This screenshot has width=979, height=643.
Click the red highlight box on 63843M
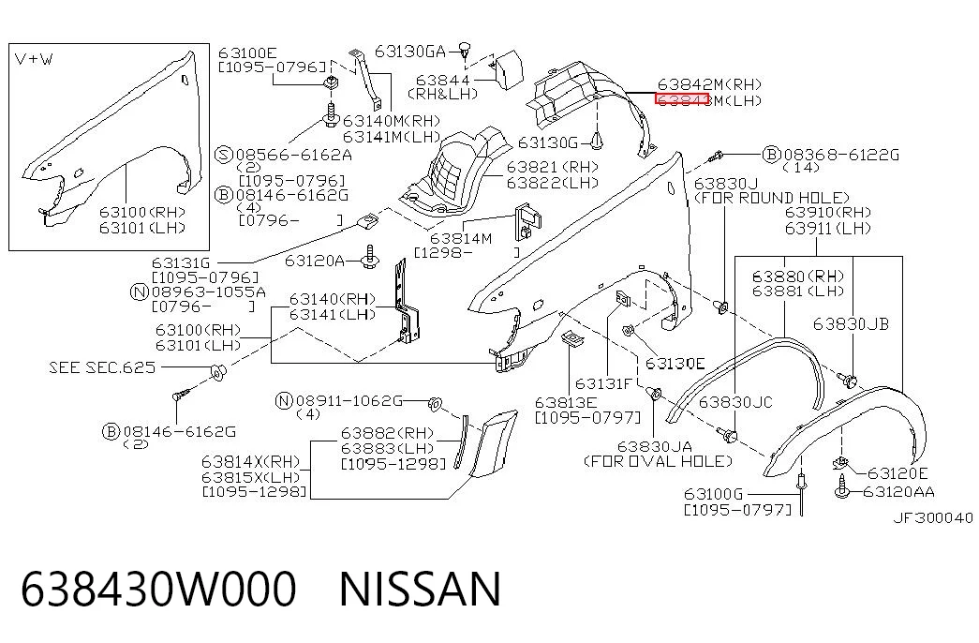[681, 99]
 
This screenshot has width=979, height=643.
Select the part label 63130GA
[409, 52]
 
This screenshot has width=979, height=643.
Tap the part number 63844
[442, 80]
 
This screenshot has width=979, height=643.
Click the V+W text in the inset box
[34, 59]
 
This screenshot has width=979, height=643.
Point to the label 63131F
[603, 383]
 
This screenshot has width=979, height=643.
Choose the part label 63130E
[675, 363]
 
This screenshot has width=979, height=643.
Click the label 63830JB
[851, 323]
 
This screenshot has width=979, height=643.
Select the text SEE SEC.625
[102, 366]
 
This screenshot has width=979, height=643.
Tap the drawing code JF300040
[933, 517]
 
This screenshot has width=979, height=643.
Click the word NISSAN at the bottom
[420, 588]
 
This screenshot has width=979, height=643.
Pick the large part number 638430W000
[158, 588]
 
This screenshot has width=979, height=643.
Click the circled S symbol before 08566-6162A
[224, 155]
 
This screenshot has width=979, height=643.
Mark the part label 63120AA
[898, 492]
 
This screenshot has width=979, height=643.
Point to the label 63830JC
[734, 402]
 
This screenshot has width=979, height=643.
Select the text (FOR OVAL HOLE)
[658, 461]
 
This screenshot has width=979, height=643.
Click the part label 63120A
[314, 260]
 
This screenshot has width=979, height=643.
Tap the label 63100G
[713, 494]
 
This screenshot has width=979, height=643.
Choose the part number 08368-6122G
[841, 155]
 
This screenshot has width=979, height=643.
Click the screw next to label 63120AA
[841, 488]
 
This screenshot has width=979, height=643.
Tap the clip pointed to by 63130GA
[464, 49]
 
